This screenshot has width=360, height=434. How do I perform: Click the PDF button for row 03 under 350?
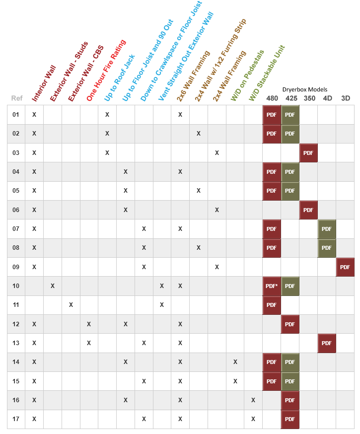click(308, 152)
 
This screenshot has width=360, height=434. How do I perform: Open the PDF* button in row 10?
click(272, 286)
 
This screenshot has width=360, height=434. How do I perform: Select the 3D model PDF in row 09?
click(345, 267)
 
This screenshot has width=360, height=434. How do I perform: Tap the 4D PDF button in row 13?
click(327, 343)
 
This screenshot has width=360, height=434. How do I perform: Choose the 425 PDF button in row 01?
click(290, 115)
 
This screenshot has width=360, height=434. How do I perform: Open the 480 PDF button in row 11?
click(272, 305)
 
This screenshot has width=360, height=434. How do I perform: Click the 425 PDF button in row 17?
click(290, 419)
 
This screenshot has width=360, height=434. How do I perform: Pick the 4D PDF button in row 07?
click(327, 229)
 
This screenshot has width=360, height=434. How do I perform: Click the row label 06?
click(16, 210)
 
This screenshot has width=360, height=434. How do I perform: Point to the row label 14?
click(16, 362)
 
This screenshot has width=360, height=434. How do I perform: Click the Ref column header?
click(17, 98)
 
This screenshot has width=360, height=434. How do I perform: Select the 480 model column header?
click(272, 98)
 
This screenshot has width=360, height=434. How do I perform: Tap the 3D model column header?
click(346, 98)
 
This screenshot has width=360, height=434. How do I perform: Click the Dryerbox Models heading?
click(308, 89)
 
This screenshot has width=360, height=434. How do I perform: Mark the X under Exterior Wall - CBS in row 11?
click(71, 305)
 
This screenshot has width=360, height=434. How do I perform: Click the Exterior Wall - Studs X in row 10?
click(53, 286)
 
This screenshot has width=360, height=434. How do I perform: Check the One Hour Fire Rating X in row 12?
click(89, 324)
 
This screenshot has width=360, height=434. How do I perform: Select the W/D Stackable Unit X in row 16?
click(253, 400)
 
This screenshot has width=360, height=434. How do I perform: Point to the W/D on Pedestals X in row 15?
click(235, 381)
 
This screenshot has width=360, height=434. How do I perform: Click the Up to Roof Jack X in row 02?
click(107, 134)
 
